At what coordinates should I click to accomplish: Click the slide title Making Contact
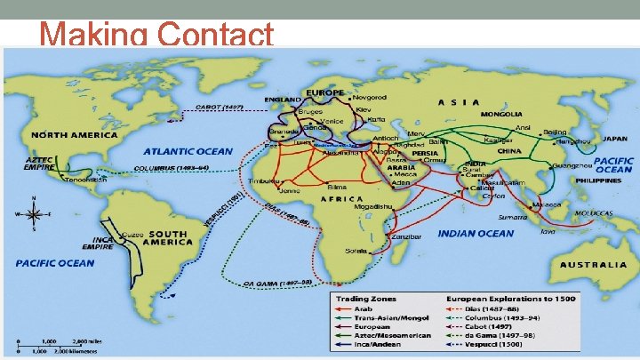point(156,35)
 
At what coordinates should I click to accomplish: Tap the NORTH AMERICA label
point(75,134)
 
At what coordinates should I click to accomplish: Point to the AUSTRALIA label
point(593,265)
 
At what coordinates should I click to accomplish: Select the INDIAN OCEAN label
point(476,233)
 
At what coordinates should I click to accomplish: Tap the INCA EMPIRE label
point(97,242)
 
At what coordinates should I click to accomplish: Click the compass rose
point(34,214)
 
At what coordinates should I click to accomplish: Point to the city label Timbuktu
point(265,180)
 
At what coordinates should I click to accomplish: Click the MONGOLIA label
point(502,115)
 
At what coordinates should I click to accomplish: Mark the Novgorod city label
point(369,97)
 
